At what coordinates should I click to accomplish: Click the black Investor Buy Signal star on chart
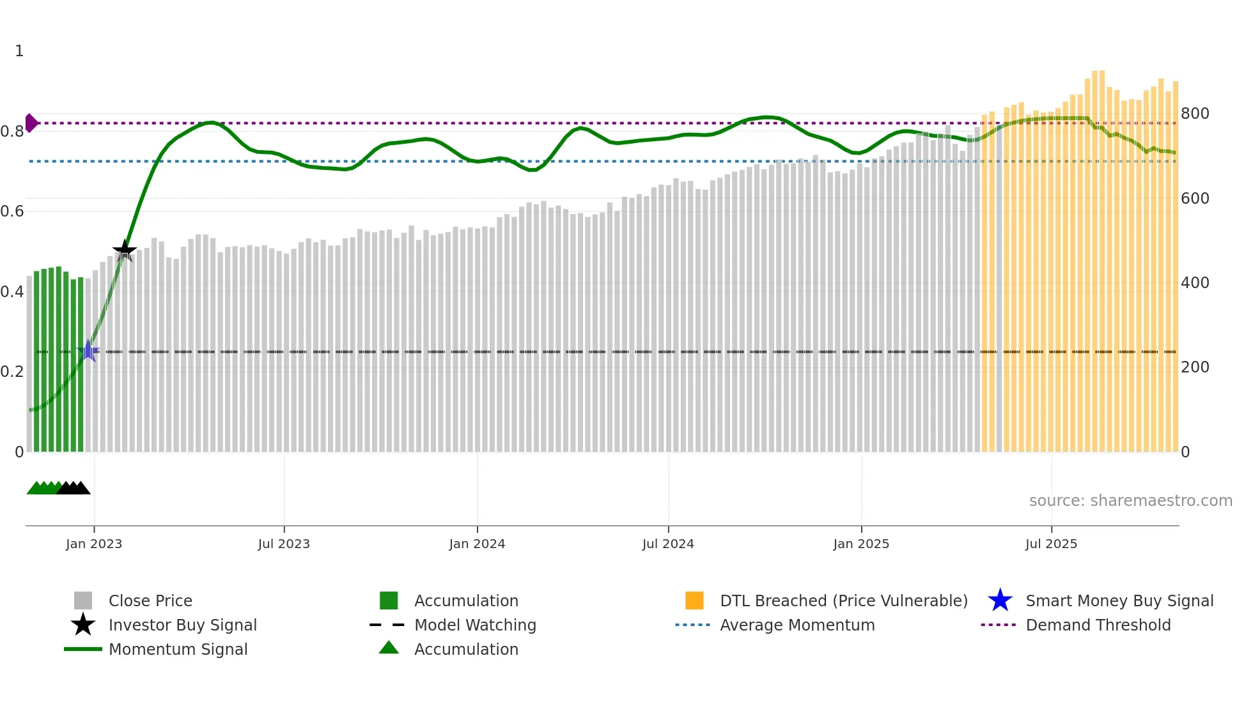[x=125, y=250]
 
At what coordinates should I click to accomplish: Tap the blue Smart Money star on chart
[x=88, y=351]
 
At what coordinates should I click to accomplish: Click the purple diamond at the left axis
[x=31, y=123]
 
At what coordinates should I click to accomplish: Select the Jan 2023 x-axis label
[x=94, y=544]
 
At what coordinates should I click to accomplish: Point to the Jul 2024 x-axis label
[x=668, y=544]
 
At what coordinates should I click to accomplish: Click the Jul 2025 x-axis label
[x=1051, y=544]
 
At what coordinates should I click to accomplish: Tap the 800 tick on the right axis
[x=1194, y=114]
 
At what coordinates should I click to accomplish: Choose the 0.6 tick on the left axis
[x=13, y=211]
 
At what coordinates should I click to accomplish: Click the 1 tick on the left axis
[x=19, y=50]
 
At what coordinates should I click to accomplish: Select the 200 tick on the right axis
[x=1194, y=367]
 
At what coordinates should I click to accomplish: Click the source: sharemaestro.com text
[x=1130, y=501]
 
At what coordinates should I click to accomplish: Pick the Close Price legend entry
[x=150, y=601]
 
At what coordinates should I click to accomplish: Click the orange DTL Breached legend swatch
[x=694, y=601]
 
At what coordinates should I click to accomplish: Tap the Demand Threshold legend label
[x=1098, y=625]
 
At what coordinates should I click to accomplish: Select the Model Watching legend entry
[x=475, y=625]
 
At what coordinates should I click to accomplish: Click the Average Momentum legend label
[x=797, y=625]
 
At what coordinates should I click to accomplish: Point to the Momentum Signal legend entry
[x=178, y=649]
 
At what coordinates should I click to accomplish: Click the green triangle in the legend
[x=389, y=648]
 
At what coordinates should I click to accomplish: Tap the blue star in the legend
[x=1000, y=601]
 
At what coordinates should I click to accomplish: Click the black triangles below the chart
[x=74, y=489]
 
